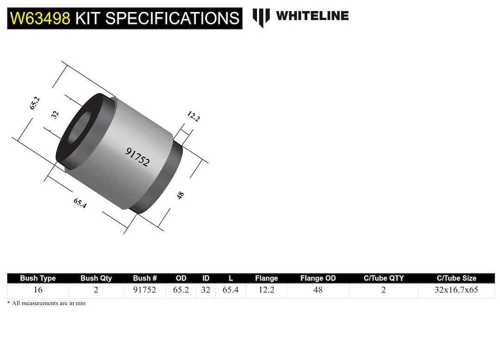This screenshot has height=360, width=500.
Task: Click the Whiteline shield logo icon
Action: click(261, 17)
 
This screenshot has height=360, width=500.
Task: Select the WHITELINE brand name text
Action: click(312, 16)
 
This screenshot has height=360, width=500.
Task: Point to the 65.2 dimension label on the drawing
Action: click(35, 103)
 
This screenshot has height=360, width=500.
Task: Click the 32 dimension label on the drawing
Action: click(55, 115)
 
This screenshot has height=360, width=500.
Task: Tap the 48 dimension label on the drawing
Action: click(180, 195)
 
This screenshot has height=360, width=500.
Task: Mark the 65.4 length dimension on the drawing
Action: click(80, 203)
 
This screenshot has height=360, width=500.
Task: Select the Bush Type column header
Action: click(38, 278)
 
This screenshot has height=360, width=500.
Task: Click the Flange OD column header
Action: click(318, 278)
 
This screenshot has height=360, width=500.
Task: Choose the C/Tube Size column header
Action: click(456, 278)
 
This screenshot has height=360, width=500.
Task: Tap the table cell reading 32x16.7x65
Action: click(456, 291)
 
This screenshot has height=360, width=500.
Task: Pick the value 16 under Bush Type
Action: click(38, 291)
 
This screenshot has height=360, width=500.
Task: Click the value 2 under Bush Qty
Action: click(96, 291)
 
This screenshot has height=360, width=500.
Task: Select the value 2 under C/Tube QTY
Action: click(383, 291)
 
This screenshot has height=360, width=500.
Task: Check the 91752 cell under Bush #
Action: click(144, 291)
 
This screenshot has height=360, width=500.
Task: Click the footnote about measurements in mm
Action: click(46, 303)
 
